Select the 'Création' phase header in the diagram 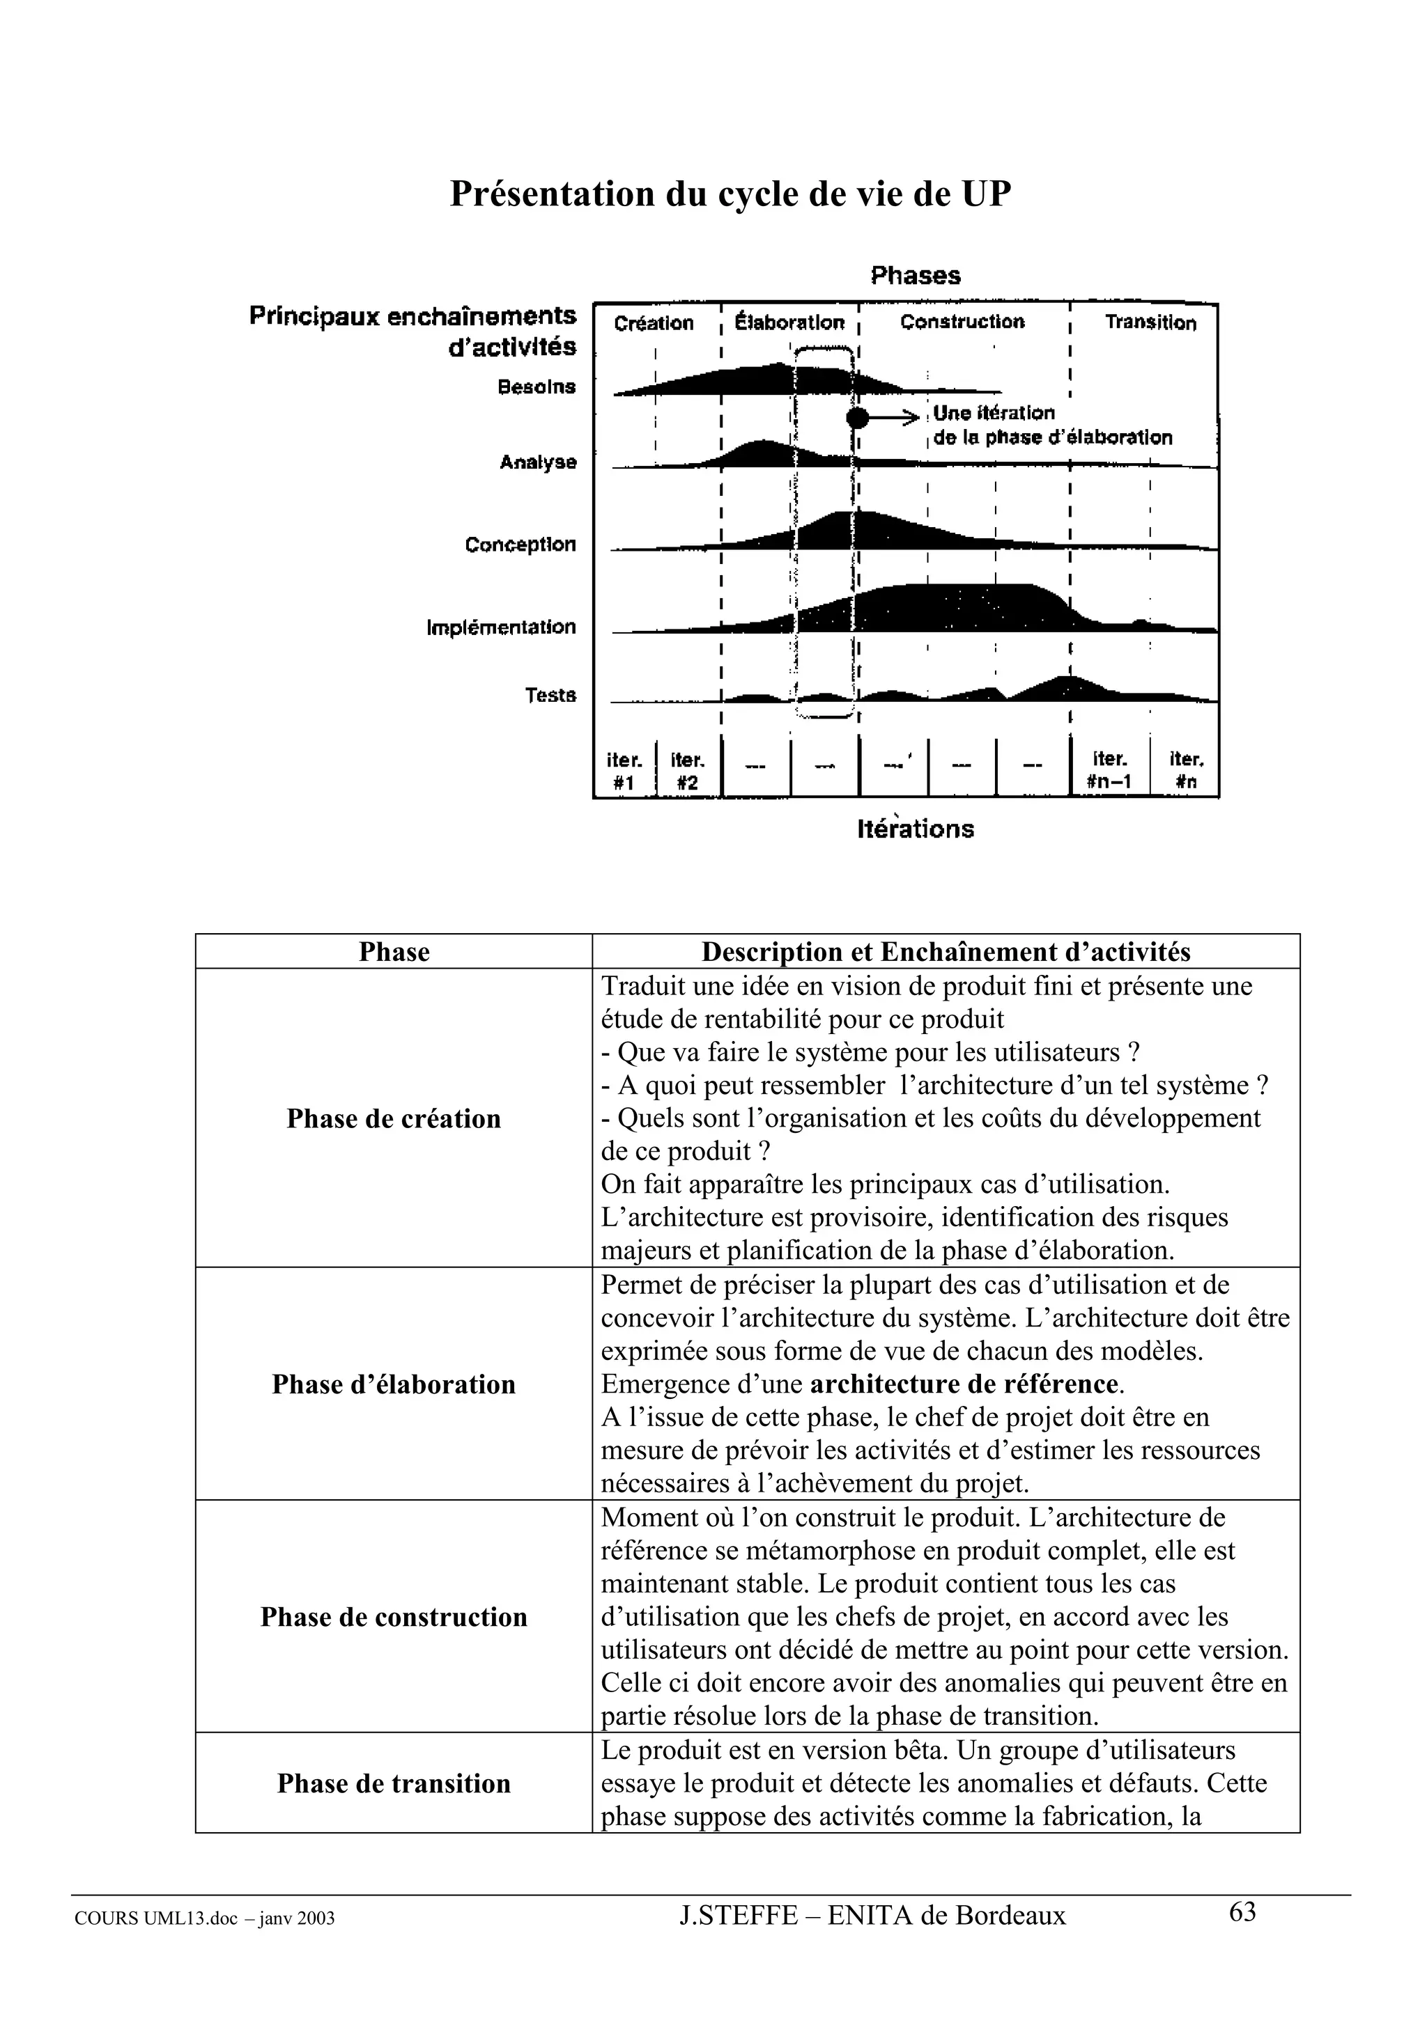pos(654,323)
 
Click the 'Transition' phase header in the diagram pos(1150,323)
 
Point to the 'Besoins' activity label pos(537,386)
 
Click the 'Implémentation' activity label pos(501,627)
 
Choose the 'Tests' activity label pos(550,695)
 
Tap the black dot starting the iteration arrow pos(857,419)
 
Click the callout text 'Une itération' pos(994,413)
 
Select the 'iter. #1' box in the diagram pos(624,770)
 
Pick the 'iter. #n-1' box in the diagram pos(1109,770)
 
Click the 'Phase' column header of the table pos(394,952)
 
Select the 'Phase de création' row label pos(394,1119)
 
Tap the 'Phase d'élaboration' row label pos(394,1384)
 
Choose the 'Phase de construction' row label pos(394,1617)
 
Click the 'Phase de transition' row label pos(394,1783)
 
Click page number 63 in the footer pos(1242,1911)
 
